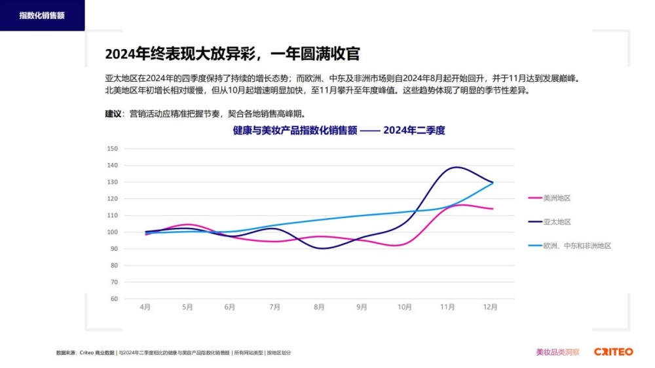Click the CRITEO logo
[614, 352]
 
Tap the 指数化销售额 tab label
[42, 15]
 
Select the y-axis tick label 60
[113, 299]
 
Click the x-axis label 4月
[145, 306]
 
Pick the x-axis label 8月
[319, 306]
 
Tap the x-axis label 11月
[448, 306]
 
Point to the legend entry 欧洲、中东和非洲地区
[576, 246]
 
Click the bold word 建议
[113, 113]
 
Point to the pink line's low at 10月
[402, 246]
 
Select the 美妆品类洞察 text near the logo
[557, 352]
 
